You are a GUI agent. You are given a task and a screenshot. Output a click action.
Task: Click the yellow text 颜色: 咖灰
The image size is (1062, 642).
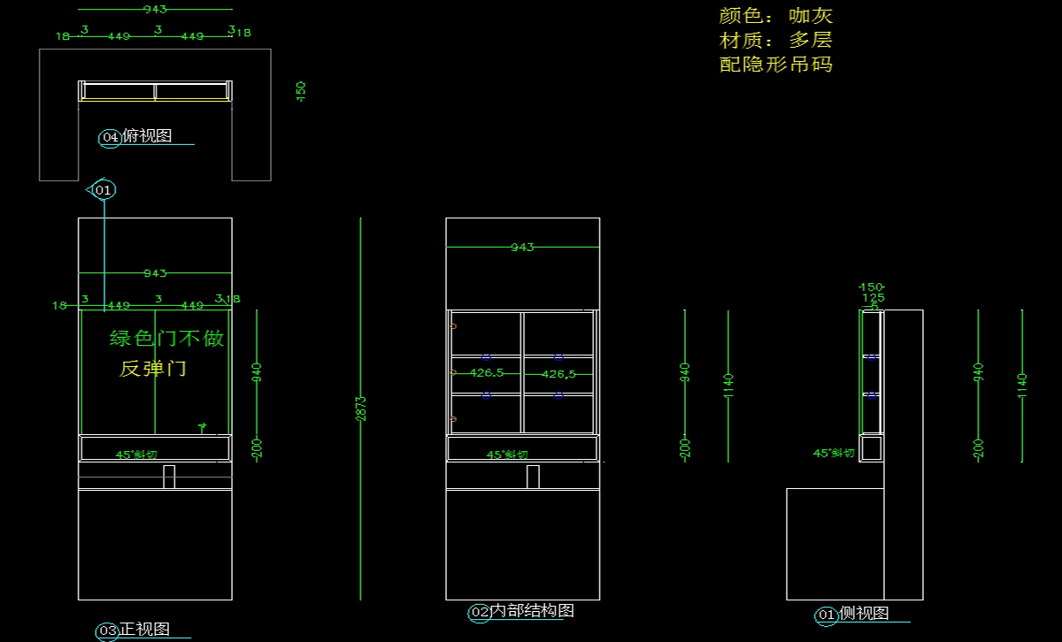coord(775,16)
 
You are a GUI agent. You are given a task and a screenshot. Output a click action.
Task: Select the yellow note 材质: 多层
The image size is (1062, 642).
coord(775,40)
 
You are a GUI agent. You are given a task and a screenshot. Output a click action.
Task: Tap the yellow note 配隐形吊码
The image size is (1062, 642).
coord(775,64)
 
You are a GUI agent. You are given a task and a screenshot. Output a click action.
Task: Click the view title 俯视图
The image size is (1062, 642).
coord(147,136)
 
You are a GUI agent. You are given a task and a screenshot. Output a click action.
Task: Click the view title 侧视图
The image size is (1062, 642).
coord(864,614)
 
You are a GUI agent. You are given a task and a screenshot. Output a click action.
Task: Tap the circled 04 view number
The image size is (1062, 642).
coord(111,137)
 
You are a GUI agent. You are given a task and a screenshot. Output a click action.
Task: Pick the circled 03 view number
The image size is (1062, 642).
coord(108,631)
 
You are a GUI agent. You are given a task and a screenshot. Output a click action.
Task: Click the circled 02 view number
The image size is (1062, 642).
coord(480,612)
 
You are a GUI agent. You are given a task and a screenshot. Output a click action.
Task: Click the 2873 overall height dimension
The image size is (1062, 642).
coord(361,408)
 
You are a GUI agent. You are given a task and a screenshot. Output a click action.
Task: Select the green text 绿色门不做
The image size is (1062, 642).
coord(166,339)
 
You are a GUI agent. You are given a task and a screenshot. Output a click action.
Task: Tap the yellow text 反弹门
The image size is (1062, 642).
coord(153,369)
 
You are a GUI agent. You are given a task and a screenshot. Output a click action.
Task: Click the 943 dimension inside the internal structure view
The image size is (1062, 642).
coord(522,248)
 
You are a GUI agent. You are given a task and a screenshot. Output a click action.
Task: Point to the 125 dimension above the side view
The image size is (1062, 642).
coord(873,298)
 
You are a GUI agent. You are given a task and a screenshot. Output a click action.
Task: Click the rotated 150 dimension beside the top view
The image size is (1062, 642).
coord(301,90)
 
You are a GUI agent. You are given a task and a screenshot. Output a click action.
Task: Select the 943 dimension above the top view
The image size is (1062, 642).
coord(155,9)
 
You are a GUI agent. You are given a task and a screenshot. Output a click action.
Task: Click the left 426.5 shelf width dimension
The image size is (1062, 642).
coord(486,373)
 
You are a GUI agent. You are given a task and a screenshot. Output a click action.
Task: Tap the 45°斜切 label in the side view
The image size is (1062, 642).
coord(834,453)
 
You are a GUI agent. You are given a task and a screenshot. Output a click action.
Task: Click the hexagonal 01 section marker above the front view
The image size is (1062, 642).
coord(104,190)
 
